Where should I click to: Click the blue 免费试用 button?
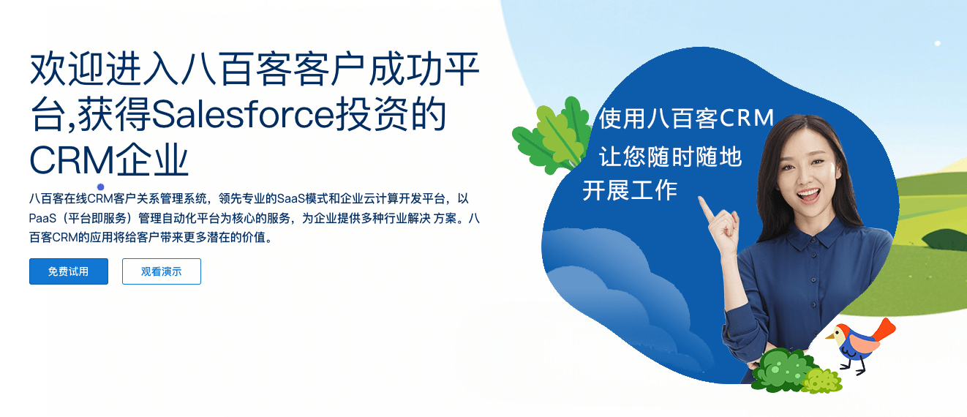(x=69, y=271)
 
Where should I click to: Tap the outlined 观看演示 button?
(x=162, y=271)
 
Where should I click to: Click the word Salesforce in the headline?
(x=243, y=115)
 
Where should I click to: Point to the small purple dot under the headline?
(x=101, y=187)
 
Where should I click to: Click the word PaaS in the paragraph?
(x=42, y=219)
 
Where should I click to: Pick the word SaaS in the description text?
(x=290, y=198)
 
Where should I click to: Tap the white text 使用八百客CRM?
(x=686, y=118)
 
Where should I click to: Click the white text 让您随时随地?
(x=670, y=157)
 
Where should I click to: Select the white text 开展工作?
(x=630, y=190)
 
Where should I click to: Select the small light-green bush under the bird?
(x=822, y=380)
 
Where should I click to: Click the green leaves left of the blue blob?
(x=552, y=135)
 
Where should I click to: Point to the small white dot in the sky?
(x=937, y=43)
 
